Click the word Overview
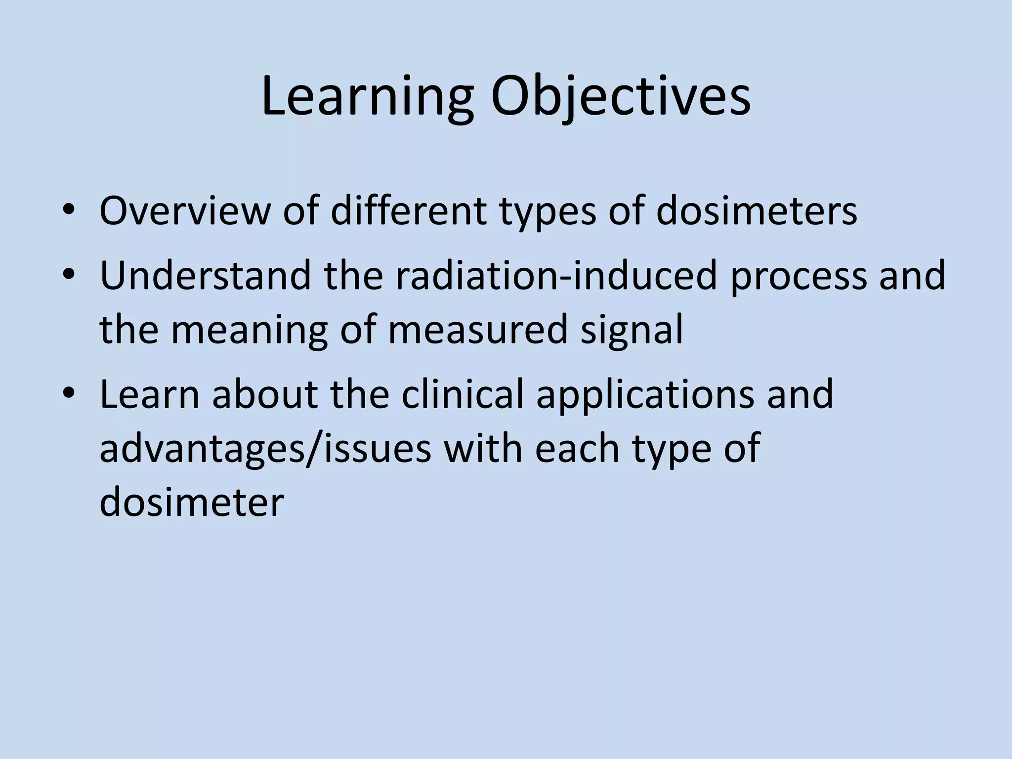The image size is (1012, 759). click(185, 211)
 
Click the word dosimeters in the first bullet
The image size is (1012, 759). click(756, 211)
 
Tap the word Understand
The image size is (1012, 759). click(206, 275)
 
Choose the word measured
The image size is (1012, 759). click(477, 330)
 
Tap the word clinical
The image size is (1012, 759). click(462, 394)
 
